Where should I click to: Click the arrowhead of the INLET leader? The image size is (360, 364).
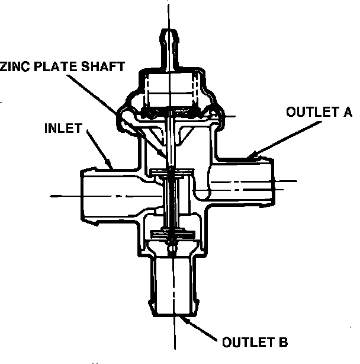pos(111,165)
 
